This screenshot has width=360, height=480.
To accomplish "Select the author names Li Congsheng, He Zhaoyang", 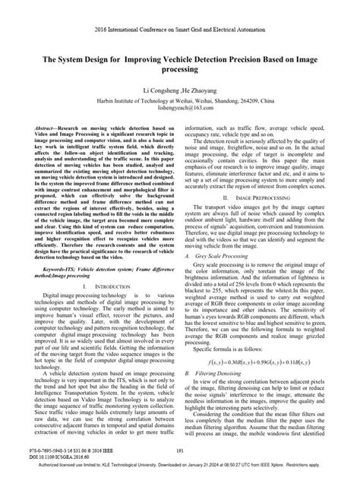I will [x=180, y=89].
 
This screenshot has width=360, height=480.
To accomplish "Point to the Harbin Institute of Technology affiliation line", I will [x=180, y=101].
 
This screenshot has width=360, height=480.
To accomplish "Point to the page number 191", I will [x=180, y=450].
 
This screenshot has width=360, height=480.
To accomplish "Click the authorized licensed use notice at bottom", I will [x=180, y=466].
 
